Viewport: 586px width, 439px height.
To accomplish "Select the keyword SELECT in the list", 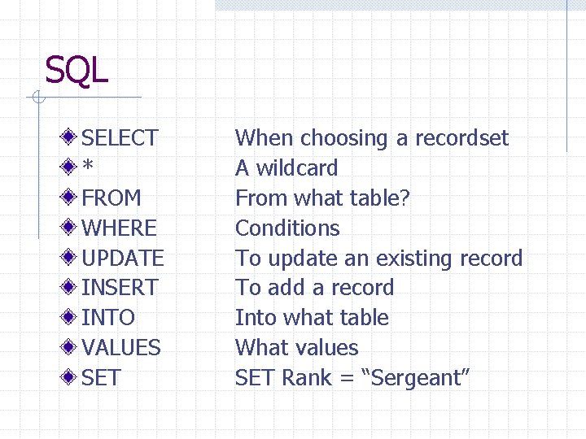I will [x=120, y=138].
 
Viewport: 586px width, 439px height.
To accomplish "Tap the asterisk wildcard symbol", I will [x=88, y=167].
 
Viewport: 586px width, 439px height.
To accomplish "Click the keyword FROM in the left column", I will [x=112, y=198].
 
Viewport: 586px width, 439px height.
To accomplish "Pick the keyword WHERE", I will [x=119, y=228].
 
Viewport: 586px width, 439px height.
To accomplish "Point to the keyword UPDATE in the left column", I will [x=123, y=259].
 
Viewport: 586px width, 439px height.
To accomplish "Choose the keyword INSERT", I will [x=120, y=288].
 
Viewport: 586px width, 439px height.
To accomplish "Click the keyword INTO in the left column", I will [x=108, y=318].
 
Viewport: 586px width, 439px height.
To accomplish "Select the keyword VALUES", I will [x=121, y=348].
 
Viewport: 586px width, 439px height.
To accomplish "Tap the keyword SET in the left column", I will [x=101, y=378].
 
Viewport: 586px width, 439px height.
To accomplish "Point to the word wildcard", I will [x=297, y=168].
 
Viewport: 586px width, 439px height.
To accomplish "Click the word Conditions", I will [x=287, y=228].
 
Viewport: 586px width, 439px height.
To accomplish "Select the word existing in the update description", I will [x=418, y=259].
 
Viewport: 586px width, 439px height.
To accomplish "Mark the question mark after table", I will [x=405, y=198].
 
